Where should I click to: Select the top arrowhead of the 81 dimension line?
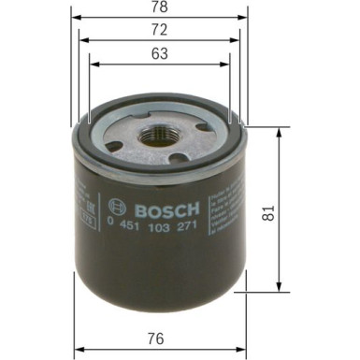(279, 132)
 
